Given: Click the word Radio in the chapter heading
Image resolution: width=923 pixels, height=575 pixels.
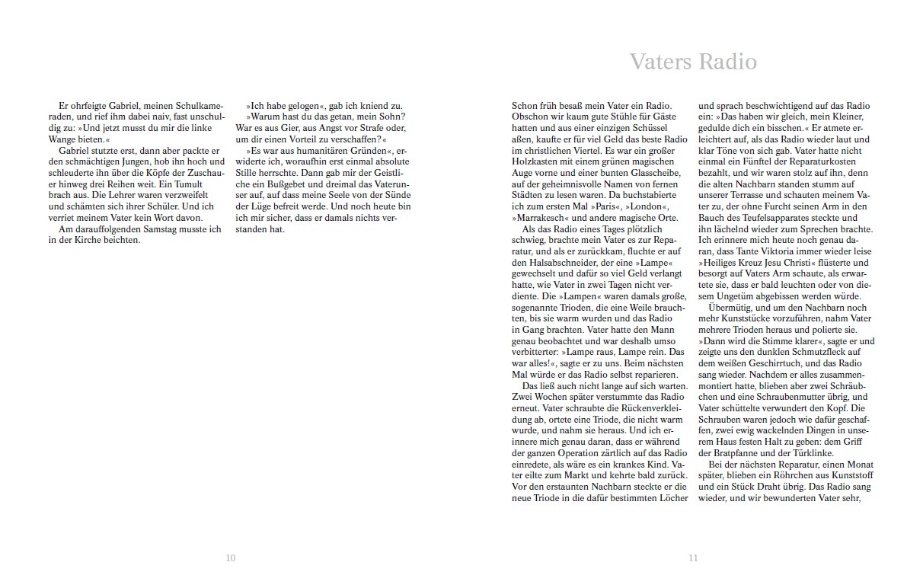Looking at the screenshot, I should (x=727, y=62).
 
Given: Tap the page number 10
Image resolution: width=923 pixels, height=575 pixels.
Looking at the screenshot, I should (x=231, y=557).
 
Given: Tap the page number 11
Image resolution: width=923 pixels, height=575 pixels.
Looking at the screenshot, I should (x=692, y=557).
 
